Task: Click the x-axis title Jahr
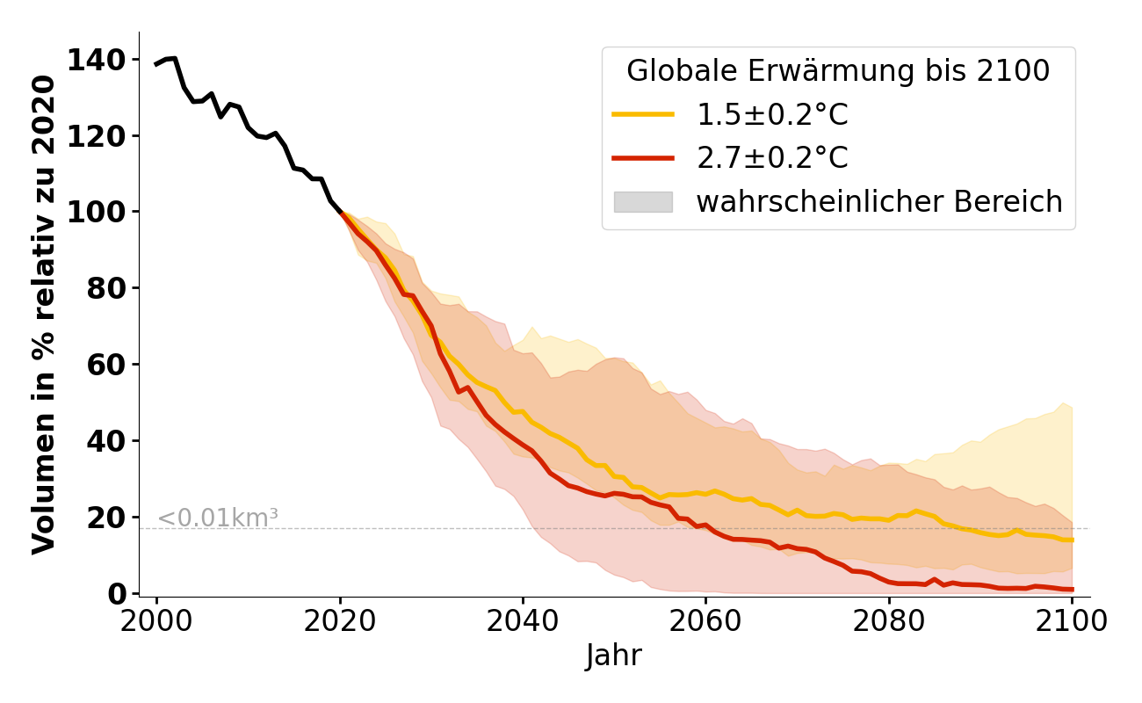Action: pos(614,656)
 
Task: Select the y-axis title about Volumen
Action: pos(44,314)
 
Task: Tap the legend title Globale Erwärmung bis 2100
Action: pos(838,71)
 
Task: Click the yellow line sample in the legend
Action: pos(643,114)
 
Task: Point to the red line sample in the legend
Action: pos(643,158)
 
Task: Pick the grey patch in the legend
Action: pos(643,202)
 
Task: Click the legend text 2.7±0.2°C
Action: pos(772,158)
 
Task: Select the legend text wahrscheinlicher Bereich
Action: pos(879,202)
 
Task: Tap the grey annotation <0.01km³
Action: pos(218,518)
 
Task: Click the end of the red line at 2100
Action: pos(1072,589)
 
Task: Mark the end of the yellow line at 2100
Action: pos(1072,540)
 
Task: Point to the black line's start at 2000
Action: pos(157,64)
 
